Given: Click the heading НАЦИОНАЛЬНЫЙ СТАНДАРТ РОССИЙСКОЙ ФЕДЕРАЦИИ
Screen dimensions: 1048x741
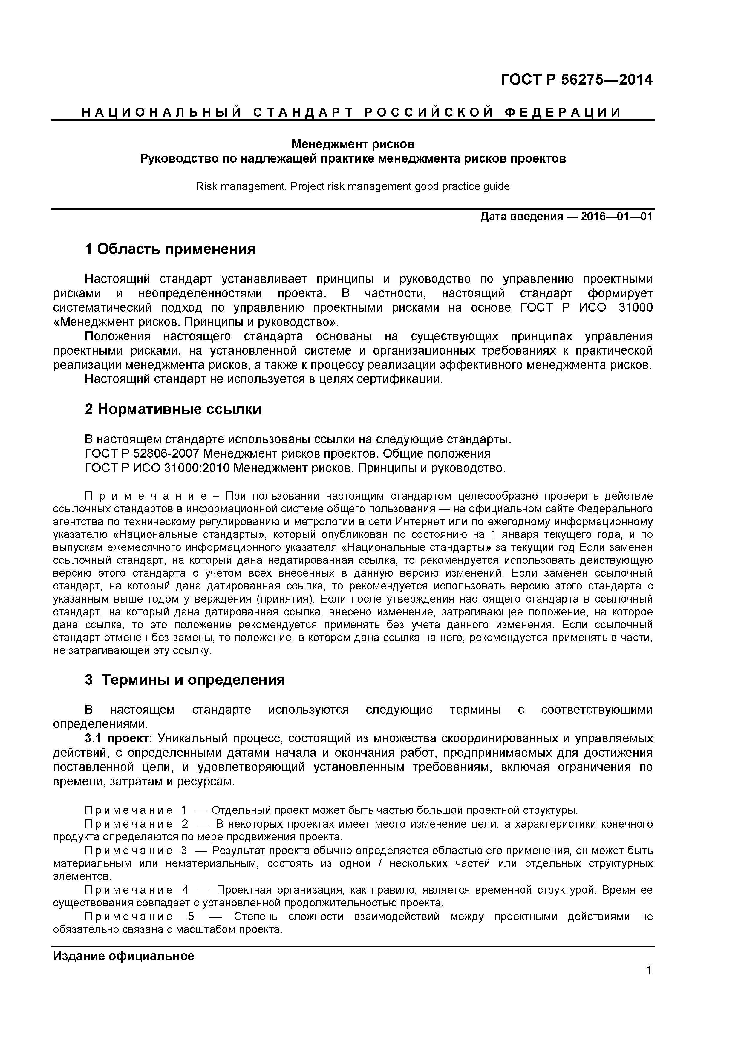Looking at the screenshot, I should click(352, 112).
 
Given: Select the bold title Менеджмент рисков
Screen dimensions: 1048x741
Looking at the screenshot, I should click(353, 144).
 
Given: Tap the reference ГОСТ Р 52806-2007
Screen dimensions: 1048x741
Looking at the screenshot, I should click(142, 454).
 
